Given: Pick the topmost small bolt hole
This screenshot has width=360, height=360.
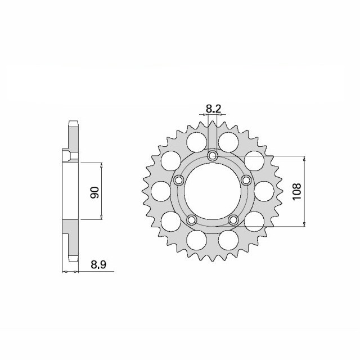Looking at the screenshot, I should coord(213,155).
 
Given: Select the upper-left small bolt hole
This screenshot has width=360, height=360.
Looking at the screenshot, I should coord(179,180).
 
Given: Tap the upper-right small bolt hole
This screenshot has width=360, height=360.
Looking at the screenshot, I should coord(246,180).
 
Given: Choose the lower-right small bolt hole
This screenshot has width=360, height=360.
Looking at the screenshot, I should coord(233,219).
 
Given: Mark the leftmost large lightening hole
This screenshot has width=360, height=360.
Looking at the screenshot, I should coord(161,191).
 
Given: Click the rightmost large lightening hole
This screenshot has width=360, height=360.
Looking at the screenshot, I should coord(264,191).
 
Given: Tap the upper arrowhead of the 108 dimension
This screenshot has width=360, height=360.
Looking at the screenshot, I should coord(304,159).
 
